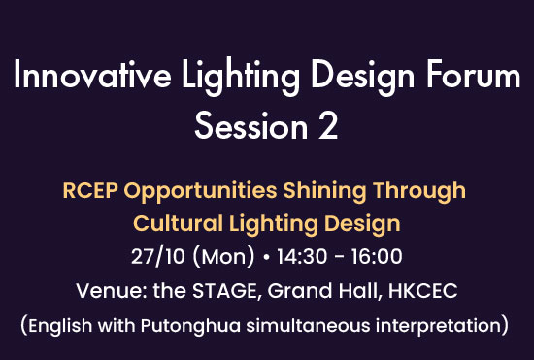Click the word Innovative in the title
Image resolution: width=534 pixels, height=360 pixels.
pyautogui.click(x=92, y=75)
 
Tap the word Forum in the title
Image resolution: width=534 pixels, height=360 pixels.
pyautogui.click(x=474, y=75)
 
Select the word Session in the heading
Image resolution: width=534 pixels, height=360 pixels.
pyautogui.click(x=251, y=126)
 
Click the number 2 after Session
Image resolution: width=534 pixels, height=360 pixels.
pyautogui.click(x=328, y=126)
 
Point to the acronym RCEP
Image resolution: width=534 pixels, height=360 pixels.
pyautogui.click(x=90, y=190)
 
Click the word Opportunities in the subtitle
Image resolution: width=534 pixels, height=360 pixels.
pyautogui.click(x=200, y=192)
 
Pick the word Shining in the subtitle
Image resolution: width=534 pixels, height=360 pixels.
pyautogui.click(x=324, y=192)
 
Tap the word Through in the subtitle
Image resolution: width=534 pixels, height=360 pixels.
pyautogui.click(x=419, y=192)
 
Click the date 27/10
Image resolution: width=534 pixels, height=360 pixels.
pyautogui.click(x=157, y=256)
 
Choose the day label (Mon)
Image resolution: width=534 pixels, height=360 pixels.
pyautogui.click(x=223, y=257)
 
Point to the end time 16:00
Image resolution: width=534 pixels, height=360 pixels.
pyautogui.click(x=377, y=256)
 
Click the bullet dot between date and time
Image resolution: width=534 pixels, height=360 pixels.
pyautogui.click(x=266, y=257)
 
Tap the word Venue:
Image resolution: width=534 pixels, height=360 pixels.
pyautogui.click(x=112, y=291)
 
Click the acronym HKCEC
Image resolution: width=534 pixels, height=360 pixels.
pyautogui.click(x=422, y=291)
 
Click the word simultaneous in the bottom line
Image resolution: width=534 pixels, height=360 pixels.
pyautogui.click(x=308, y=325)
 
